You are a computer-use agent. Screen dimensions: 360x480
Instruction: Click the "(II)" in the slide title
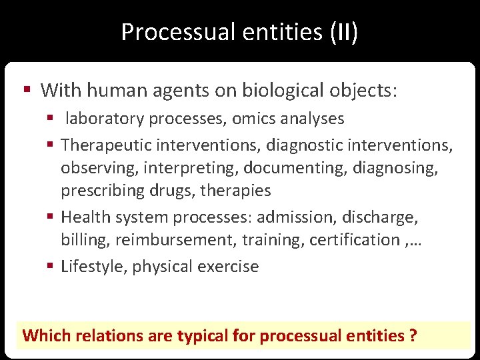343,32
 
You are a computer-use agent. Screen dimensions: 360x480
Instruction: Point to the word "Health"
83,217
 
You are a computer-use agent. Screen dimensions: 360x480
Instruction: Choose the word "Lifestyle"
92,267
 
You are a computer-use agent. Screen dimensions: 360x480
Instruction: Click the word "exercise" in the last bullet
230,267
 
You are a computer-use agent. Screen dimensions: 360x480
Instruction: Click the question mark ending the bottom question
413,335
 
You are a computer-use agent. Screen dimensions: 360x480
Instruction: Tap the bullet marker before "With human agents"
27,89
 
